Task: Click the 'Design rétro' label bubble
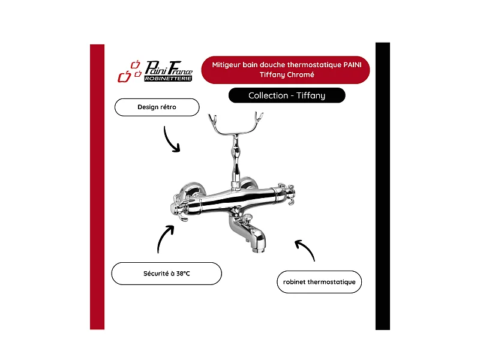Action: pyautogui.click(x=157, y=107)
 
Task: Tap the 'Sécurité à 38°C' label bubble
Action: pyautogui.click(x=167, y=274)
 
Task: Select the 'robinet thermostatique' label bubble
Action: pyautogui.click(x=319, y=281)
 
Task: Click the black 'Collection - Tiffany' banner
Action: pyautogui.click(x=287, y=95)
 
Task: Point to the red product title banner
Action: pyautogui.click(x=286, y=70)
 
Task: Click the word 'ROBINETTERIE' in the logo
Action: pyautogui.click(x=169, y=79)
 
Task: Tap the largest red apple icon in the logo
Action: pyautogui.click(x=124, y=77)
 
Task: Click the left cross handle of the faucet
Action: pyautogui.click(x=179, y=206)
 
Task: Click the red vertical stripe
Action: pyautogui.click(x=97, y=187)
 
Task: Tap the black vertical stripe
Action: pyautogui.click(x=383, y=186)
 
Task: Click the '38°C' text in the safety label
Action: pyautogui.click(x=183, y=274)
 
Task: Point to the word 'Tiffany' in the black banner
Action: pyautogui.click(x=311, y=96)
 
